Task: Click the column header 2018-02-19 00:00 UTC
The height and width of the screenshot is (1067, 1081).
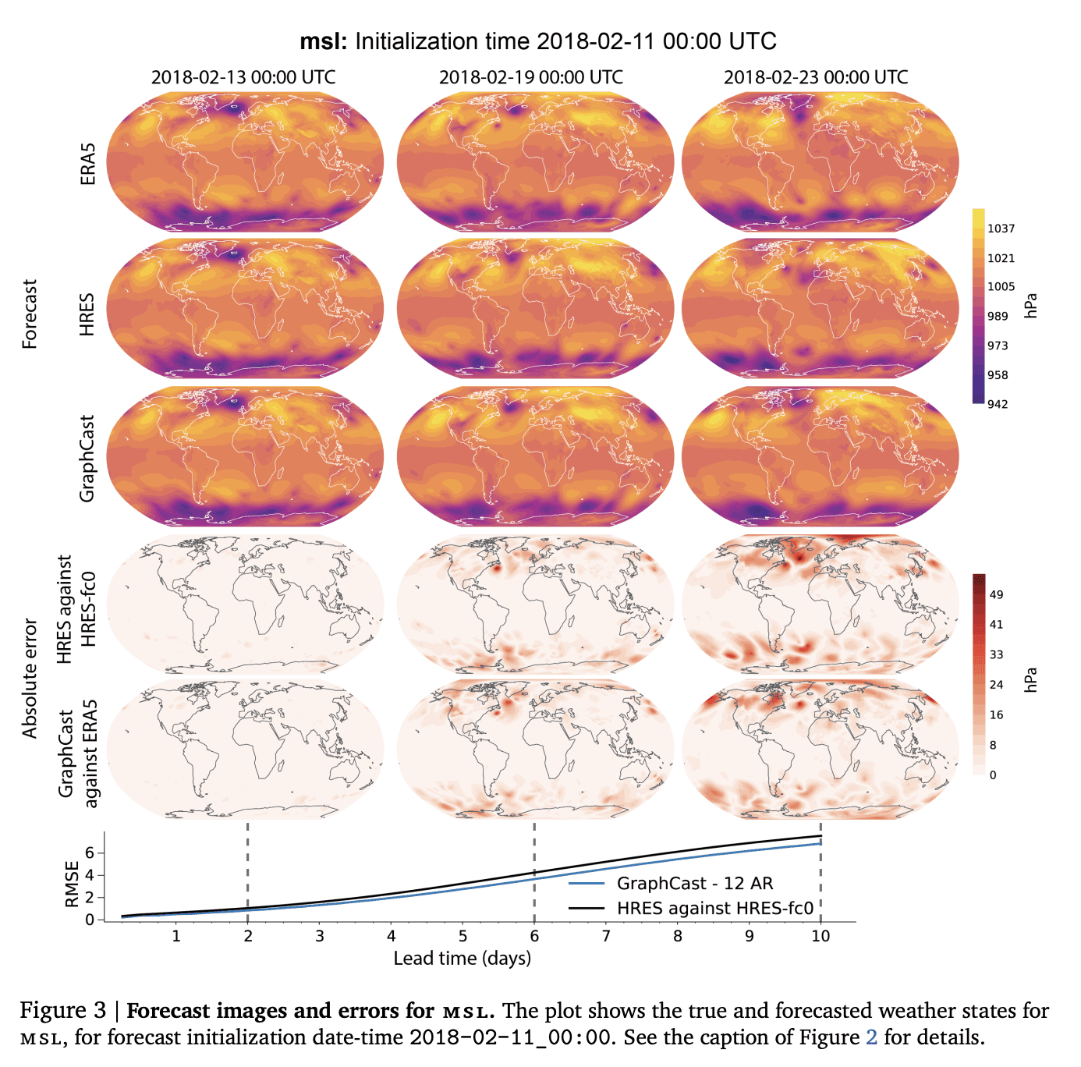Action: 530,77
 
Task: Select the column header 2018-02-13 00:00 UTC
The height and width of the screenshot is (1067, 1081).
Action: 243,77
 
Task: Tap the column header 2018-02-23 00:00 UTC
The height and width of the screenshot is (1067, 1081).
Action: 816,77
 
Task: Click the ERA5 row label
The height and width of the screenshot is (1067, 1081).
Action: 88,163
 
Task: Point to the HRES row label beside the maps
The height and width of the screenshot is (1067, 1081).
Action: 88,314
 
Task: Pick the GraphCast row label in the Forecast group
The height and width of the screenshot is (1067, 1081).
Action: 88,458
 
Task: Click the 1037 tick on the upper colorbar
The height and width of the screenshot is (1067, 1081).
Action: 1001,229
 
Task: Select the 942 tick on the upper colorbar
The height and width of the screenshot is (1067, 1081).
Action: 998,404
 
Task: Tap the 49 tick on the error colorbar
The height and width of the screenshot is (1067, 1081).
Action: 996,594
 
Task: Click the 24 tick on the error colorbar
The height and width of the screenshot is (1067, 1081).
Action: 996,685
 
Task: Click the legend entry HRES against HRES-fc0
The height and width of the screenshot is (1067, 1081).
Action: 714,908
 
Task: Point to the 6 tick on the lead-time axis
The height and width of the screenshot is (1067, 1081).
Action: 534,936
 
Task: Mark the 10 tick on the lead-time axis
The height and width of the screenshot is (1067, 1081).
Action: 820,936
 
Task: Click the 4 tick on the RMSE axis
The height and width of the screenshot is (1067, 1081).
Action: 90,875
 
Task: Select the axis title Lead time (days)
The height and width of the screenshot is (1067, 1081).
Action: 462,959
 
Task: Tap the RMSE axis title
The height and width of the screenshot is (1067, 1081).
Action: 73,884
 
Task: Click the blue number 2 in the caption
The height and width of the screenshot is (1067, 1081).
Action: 871,1037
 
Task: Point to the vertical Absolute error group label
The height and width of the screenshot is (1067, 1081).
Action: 30,679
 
